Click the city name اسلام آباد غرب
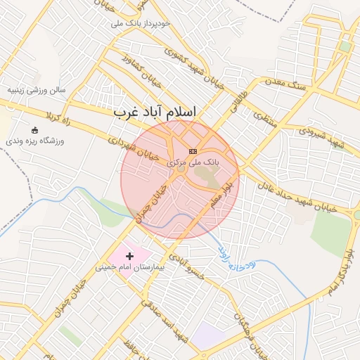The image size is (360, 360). [155, 112]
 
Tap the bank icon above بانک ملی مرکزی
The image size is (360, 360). [193, 151]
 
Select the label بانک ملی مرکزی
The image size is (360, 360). [193, 162]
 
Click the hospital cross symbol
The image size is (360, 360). [129, 257]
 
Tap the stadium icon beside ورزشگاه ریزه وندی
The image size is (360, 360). [35, 130]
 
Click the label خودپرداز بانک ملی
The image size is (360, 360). [141, 23]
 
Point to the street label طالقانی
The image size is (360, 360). [240, 98]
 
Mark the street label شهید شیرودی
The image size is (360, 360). [321, 136]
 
